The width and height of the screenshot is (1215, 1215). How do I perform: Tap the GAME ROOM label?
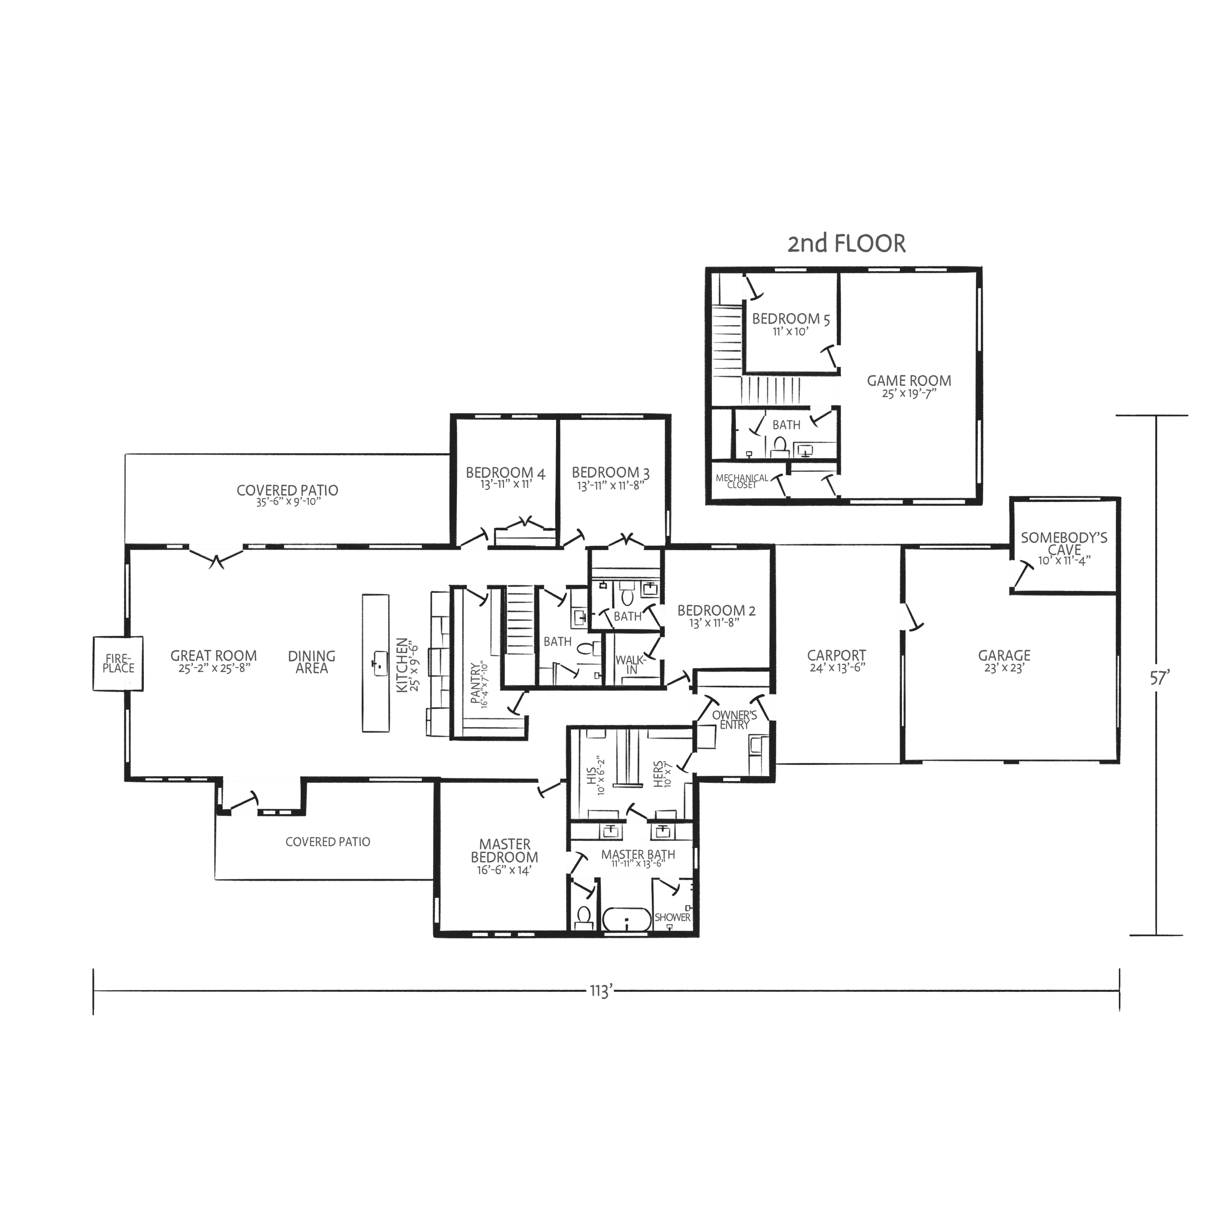(x=909, y=381)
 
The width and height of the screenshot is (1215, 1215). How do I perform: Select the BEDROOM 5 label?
(x=791, y=319)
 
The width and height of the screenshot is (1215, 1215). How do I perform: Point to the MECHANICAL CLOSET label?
(x=742, y=481)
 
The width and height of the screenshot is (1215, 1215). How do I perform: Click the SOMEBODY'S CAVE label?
(x=1064, y=544)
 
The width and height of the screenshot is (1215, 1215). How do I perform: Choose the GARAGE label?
(x=1005, y=656)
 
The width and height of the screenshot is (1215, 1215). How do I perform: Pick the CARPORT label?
(x=836, y=656)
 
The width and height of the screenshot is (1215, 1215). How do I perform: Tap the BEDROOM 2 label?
(x=716, y=610)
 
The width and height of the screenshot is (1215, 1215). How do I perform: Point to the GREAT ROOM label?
(x=213, y=656)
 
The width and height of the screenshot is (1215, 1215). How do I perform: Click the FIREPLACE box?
(x=118, y=663)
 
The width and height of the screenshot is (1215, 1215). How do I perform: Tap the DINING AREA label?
(x=312, y=661)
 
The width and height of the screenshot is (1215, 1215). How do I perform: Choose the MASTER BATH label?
(x=638, y=855)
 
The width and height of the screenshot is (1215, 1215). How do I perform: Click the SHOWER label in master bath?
(x=672, y=918)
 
